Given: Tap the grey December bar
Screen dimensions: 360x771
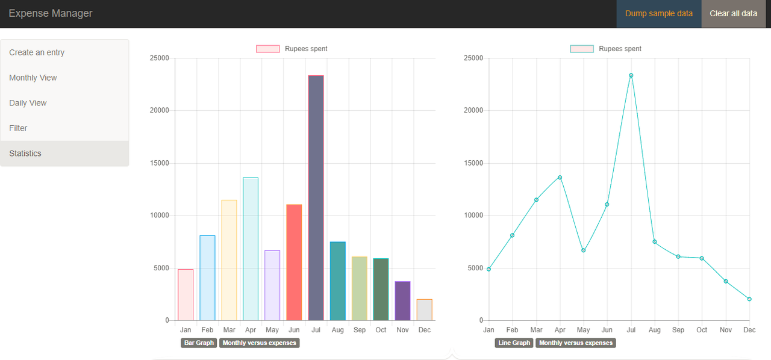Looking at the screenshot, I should [x=424, y=309].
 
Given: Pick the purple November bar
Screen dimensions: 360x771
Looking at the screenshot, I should [x=402, y=300].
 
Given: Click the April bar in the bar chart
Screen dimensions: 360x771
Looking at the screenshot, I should [x=251, y=249].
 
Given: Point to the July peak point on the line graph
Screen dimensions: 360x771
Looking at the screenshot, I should [x=631, y=75].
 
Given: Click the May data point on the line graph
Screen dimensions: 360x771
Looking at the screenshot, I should [x=583, y=250].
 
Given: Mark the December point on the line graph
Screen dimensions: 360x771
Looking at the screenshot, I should [x=749, y=299].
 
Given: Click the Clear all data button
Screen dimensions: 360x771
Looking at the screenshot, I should [x=733, y=13].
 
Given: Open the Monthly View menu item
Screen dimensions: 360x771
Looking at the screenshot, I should [x=33, y=78].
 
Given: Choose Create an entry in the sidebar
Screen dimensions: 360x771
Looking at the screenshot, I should [x=37, y=52].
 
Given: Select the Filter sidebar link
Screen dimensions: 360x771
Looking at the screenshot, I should [x=18, y=128].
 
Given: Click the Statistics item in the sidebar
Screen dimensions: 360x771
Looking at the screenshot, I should [x=25, y=154].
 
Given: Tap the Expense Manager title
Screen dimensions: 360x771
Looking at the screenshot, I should [x=51, y=13].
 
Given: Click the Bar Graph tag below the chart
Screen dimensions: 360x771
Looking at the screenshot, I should [x=198, y=343].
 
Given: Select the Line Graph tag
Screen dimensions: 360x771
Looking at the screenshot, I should [x=514, y=343].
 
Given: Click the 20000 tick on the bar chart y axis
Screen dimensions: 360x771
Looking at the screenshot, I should [x=160, y=111].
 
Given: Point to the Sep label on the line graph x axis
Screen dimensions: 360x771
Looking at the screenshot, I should [x=678, y=330].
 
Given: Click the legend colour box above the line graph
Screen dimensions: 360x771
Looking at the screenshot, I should [x=581, y=49].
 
